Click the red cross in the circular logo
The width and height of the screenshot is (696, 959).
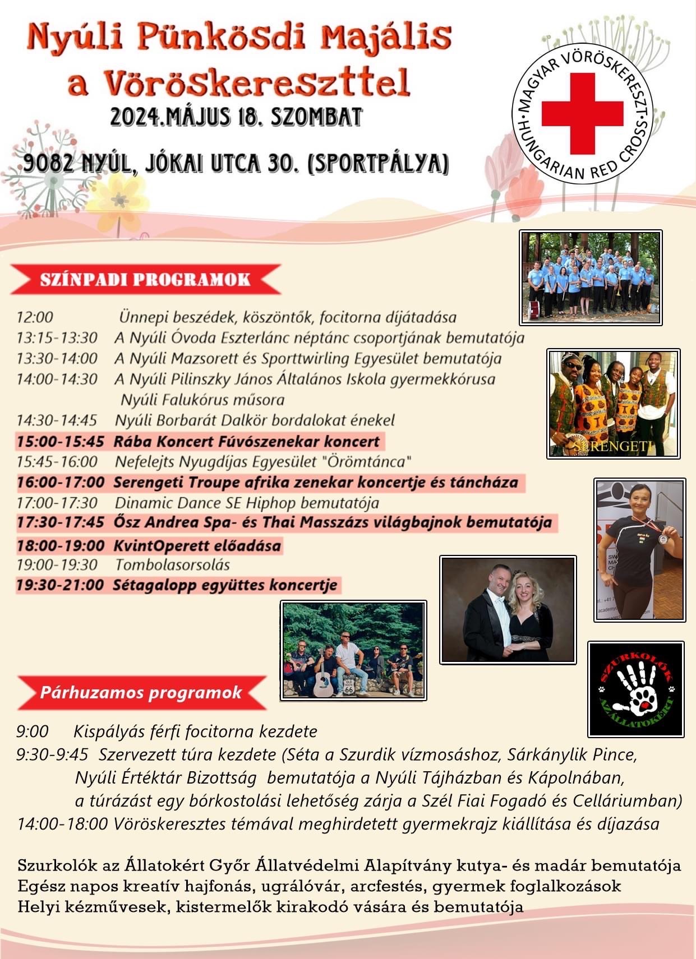coord(582,113)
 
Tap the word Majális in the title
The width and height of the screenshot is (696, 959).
coord(387,38)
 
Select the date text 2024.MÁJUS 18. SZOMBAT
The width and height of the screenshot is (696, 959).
coord(236,118)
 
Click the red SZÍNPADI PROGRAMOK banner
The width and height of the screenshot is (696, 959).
coord(145,280)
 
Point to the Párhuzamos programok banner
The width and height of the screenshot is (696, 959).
coord(141,692)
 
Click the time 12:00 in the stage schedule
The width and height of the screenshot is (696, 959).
coord(35,317)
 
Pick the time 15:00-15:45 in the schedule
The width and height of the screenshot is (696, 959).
coord(60,441)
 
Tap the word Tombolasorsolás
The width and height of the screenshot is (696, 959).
coord(172,564)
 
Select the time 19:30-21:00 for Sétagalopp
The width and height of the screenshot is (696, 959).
coord(60,585)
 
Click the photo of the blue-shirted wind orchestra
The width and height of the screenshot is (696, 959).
coord(591,277)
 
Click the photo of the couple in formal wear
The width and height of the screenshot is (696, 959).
coord(508,610)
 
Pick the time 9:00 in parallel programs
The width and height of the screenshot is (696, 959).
coord(33,731)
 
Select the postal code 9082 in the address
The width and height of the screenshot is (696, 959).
coord(48,163)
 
